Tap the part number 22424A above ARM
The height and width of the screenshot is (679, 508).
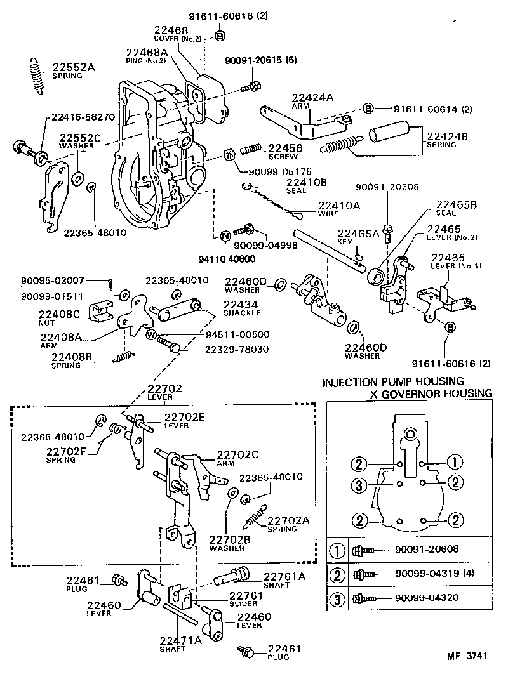312,98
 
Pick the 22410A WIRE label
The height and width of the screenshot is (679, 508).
339,209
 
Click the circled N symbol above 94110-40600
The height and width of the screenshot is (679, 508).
224,236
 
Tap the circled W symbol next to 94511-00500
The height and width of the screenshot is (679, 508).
151,334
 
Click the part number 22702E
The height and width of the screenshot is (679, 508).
185,417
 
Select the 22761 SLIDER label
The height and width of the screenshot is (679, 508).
246,599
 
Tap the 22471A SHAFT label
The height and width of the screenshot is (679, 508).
180,643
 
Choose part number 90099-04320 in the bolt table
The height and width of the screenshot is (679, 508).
426,598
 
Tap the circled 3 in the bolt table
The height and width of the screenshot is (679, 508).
338,598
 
